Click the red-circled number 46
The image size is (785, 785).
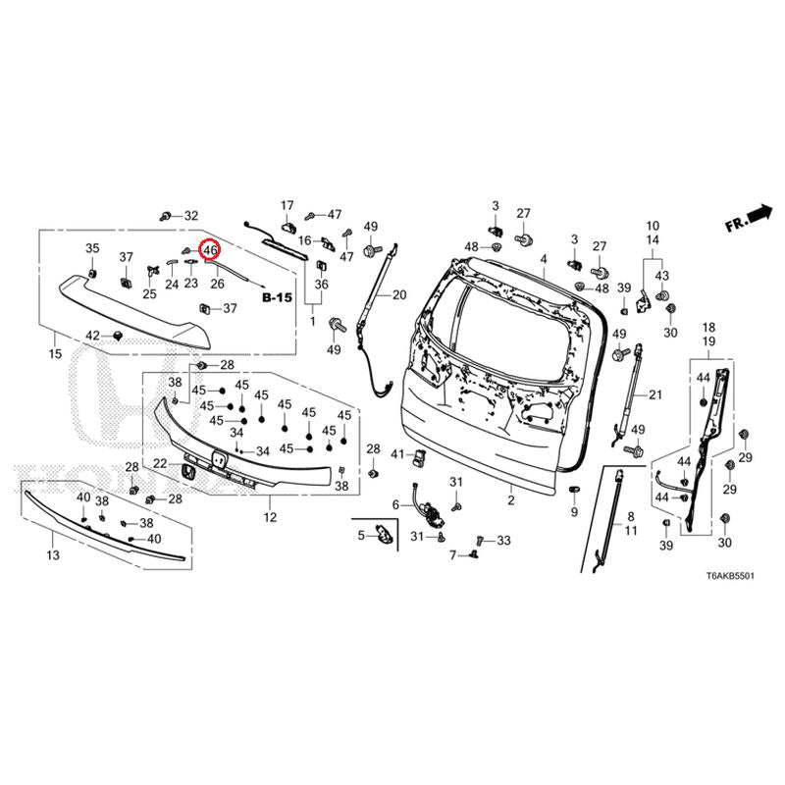click(x=210, y=250)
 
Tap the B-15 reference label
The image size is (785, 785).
click(x=278, y=296)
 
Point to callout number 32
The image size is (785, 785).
click(x=190, y=215)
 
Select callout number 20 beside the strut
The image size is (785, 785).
click(x=398, y=294)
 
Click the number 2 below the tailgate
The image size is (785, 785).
click(x=511, y=500)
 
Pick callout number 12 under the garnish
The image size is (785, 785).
click(x=270, y=516)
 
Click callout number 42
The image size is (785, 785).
click(x=92, y=336)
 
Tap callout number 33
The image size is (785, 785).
click(x=503, y=540)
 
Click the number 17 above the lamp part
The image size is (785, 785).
click(x=288, y=205)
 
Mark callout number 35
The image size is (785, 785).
click(x=92, y=247)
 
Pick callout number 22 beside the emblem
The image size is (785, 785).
click(x=160, y=463)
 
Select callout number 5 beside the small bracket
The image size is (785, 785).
click(x=360, y=535)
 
